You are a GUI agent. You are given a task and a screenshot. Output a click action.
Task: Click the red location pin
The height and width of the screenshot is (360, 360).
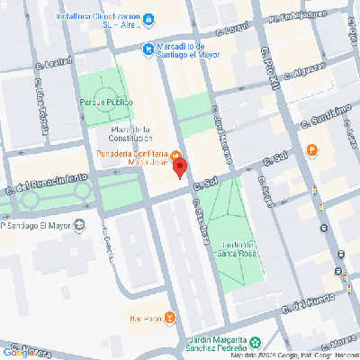[x=179, y=167]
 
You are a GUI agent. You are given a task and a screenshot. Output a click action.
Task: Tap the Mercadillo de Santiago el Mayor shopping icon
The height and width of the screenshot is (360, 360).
[x=148, y=49]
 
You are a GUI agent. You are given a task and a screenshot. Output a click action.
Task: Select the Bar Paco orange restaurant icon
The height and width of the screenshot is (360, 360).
[x=170, y=318]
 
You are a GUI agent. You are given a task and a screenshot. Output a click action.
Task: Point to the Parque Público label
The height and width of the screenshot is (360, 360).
[x=107, y=102]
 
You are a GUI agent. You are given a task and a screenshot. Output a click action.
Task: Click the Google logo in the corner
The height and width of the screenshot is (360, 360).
[x=18, y=352]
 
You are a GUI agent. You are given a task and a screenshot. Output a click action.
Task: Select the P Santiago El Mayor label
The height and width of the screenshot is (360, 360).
[x=40, y=225]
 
